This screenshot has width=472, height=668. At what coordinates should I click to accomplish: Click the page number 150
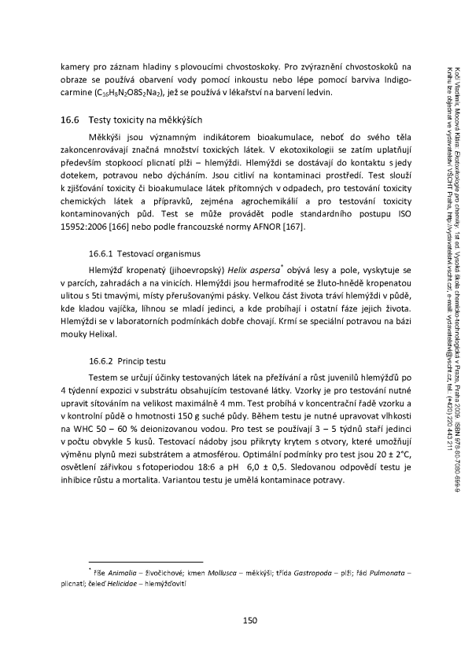[250, 621]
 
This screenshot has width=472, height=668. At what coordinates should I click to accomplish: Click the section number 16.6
[72, 120]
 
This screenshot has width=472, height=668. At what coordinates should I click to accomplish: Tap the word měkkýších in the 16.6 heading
[179, 120]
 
